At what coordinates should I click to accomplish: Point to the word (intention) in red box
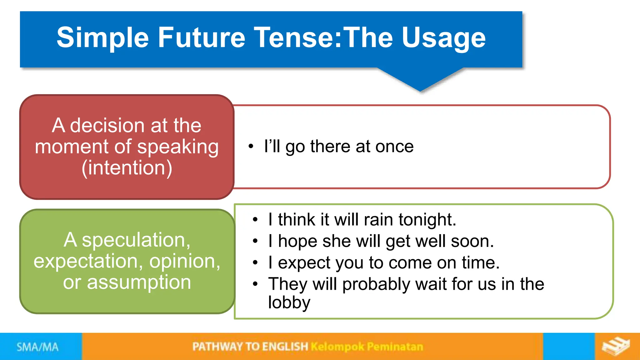(x=127, y=168)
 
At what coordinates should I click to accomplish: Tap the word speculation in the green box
(x=136, y=240)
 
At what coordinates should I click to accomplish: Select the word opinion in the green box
(x=184, y=261)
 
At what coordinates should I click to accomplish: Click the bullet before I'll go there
(x=251, y=146)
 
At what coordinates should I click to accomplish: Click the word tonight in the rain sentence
(x=427, y=219)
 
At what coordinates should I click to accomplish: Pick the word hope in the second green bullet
(x=297, y=241)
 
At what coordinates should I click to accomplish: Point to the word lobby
(x=289, y=302)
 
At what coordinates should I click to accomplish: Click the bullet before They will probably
(x=255, y=284)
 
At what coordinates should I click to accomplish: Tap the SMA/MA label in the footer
(x=37, y=347)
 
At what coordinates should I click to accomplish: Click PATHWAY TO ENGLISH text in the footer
(x=250, y=347)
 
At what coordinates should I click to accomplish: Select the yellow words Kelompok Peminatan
(x=367, y=347)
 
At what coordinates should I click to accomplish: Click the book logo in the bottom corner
(x=616, y=346)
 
